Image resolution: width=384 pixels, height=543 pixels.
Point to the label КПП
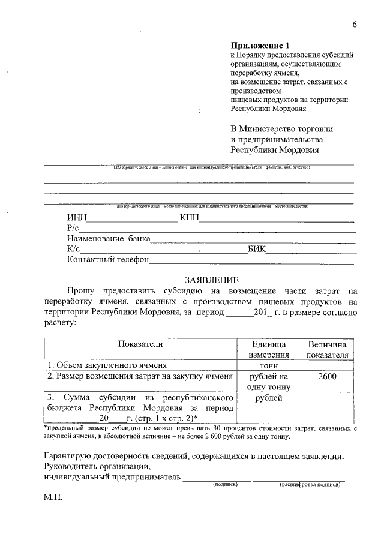pos(189,218)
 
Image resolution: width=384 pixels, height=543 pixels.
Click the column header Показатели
pos(140,344)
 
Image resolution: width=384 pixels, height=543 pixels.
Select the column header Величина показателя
pos(327,349)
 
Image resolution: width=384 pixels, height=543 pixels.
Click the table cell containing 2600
pos(326,376)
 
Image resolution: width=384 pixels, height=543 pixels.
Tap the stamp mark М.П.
pos(53,498)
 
